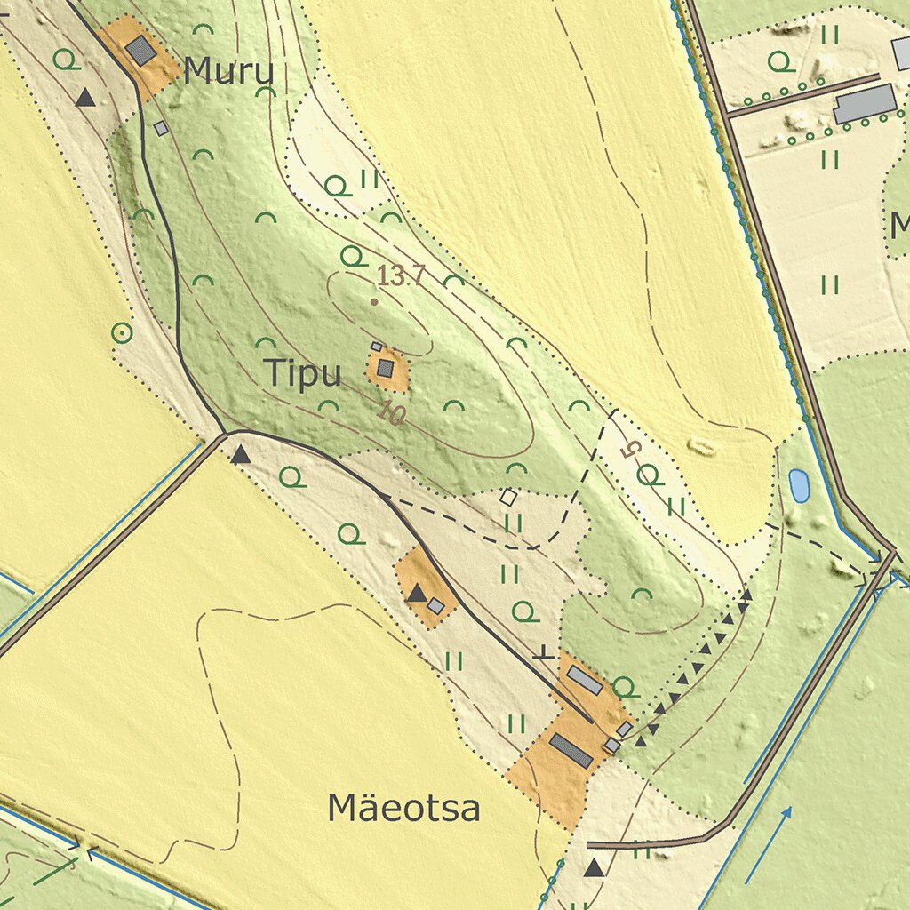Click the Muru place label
point(228,71)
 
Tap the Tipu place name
point(303,374)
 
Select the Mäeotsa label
point(404,808)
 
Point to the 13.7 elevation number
point(401,276)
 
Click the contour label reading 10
point(390,412)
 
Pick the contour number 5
point(629,450)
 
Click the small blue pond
point(799,485)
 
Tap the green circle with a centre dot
point(122,334)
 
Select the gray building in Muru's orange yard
point(140,50)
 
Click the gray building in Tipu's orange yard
point(385,368)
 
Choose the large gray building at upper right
point(864,104)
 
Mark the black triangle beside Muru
point(85,98)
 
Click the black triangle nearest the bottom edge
point(594,868)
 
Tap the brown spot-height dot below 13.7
point(374,302)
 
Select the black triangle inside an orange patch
point(416,593)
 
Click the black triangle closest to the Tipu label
point(241,456)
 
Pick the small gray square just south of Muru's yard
point(161,128)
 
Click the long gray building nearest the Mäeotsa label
point(571,750)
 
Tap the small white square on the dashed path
point(508,497)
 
